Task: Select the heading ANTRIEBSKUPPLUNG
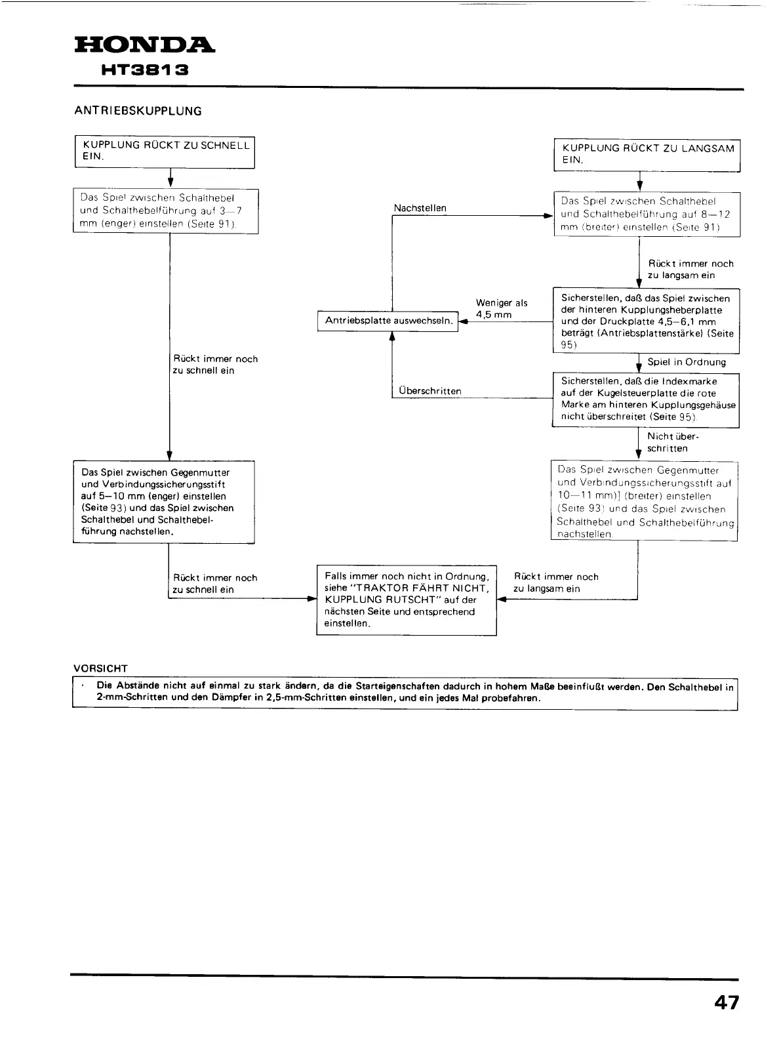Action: point(138,111)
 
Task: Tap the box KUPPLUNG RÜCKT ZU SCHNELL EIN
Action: point(165,152)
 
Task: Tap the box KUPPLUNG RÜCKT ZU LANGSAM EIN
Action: point(647,155)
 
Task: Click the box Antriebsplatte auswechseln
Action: point(388,321)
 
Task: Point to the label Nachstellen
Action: point(420,208)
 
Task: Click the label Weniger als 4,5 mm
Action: point(501,308)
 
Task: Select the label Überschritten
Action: point(429,391)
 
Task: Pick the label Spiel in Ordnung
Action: point(687,362)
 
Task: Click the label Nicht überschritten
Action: point(668,442)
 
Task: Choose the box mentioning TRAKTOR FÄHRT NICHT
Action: point(407,600)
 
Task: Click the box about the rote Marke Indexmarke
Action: point(647,399)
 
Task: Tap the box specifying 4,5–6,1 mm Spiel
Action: point(646,321)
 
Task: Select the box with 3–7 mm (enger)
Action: point(165,211)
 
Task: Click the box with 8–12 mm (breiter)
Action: point(647,214)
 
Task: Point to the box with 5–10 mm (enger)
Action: point(163,501)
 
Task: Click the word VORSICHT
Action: point(100,668)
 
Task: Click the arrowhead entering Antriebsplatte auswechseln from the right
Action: point(463,321)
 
